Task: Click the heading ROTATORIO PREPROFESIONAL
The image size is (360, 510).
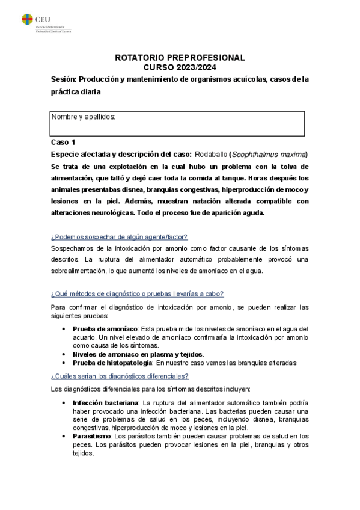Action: tap(180, 58)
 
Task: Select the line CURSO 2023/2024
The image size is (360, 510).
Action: tap(180, 67)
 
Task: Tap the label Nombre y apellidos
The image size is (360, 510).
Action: tap(83, 117)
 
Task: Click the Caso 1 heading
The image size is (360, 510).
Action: tap(63, 143)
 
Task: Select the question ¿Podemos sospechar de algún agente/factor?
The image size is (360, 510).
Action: tap(119, 238)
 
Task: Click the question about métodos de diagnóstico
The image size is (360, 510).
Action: tap(138, 293)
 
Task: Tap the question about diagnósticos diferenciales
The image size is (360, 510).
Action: tap(120, 376)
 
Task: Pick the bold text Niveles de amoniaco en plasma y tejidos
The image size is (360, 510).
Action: tap(137, 354)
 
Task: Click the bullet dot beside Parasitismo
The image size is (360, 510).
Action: tap(65, 436)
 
